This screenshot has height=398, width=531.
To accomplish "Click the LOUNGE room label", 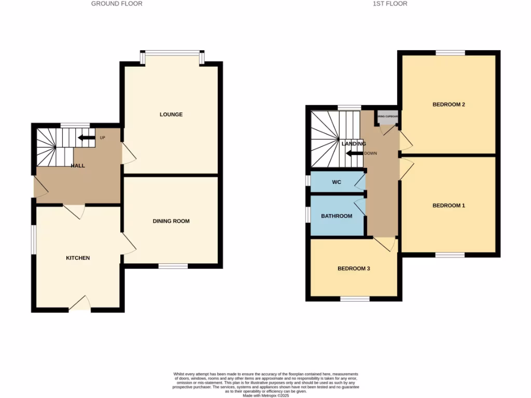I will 171,115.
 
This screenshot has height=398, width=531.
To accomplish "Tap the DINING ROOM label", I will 171,221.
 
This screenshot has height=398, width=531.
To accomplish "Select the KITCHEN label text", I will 78,258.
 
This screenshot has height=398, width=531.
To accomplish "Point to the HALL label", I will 78,166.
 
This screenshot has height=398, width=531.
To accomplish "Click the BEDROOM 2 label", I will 449,105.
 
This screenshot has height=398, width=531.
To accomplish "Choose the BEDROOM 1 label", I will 449,206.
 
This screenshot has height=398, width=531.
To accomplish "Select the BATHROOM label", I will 337,216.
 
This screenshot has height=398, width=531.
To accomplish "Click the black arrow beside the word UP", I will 87,138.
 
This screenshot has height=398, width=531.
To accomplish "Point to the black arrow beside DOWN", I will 355,153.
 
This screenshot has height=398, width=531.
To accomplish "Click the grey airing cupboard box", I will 387,116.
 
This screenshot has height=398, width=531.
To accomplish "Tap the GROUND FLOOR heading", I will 117,4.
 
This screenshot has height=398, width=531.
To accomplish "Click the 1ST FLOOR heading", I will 389,4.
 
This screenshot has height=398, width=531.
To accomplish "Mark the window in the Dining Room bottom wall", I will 173,266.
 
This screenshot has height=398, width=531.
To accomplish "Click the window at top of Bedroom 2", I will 450,52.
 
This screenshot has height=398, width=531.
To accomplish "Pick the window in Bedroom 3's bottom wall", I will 355,298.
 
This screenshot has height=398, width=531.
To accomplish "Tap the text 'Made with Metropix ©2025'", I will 265,394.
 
